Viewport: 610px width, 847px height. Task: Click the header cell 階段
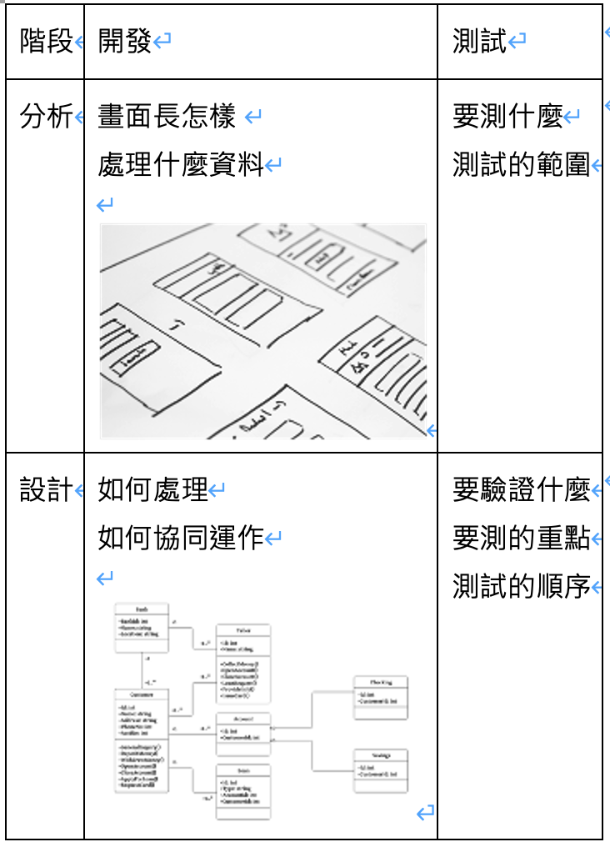[47, 42]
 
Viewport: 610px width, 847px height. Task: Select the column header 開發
[125, 42]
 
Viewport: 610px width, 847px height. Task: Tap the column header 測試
[480, 42]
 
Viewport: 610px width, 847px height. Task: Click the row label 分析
[47, 118]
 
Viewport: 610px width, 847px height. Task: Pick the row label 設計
[47, 490]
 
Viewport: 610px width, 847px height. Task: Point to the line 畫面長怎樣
[167, 118]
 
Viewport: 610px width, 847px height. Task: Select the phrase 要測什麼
[507, 118]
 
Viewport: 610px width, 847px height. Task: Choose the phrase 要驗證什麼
[521, 490]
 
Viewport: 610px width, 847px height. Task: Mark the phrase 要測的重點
[521, 538]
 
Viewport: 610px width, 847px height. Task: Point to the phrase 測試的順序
[521, 586]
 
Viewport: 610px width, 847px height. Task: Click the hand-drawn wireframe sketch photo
[263, 331]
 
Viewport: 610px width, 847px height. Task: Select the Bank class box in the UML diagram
[141, 628]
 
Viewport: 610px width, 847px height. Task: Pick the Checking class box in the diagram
[381, 697]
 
